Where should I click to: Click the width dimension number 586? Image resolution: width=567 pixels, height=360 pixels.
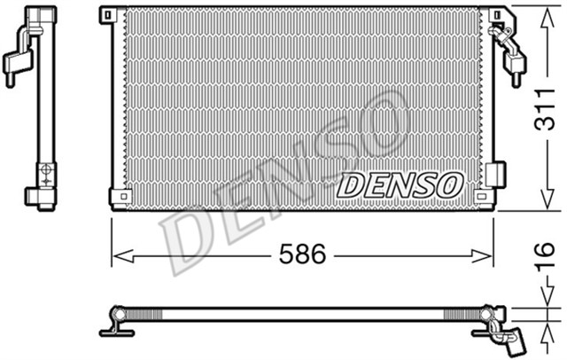coord(301,255)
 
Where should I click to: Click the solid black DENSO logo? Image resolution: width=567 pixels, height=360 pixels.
coord(400,184)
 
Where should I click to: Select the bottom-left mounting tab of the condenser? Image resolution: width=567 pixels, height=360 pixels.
coord(113,195)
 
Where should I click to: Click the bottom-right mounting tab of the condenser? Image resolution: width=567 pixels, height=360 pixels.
coord(482,195)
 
